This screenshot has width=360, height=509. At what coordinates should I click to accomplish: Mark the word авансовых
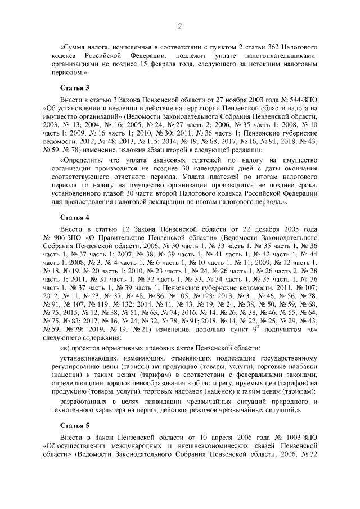click(158, 160)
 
